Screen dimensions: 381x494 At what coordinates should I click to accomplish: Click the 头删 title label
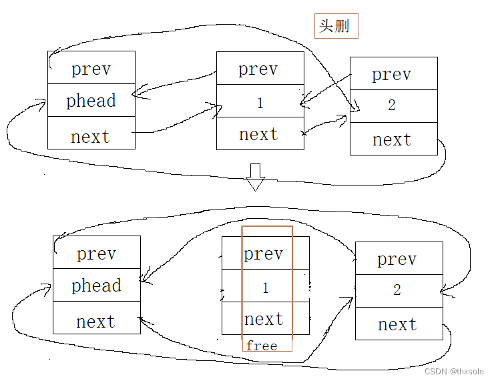[336, 26]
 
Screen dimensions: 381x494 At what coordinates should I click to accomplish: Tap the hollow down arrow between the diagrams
[255, 176]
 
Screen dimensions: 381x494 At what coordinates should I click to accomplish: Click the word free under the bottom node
[261, 346]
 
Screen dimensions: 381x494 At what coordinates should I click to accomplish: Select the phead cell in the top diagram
[91, 101]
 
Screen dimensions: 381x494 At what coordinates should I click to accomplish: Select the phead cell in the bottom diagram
[96, 286]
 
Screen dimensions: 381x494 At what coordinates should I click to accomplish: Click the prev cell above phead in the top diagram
[91, 69]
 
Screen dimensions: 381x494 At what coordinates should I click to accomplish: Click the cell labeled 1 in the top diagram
[260, 103]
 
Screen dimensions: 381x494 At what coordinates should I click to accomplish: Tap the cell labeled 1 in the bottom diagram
[265, 288]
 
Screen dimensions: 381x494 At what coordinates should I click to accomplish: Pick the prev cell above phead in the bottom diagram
[96, 254]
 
